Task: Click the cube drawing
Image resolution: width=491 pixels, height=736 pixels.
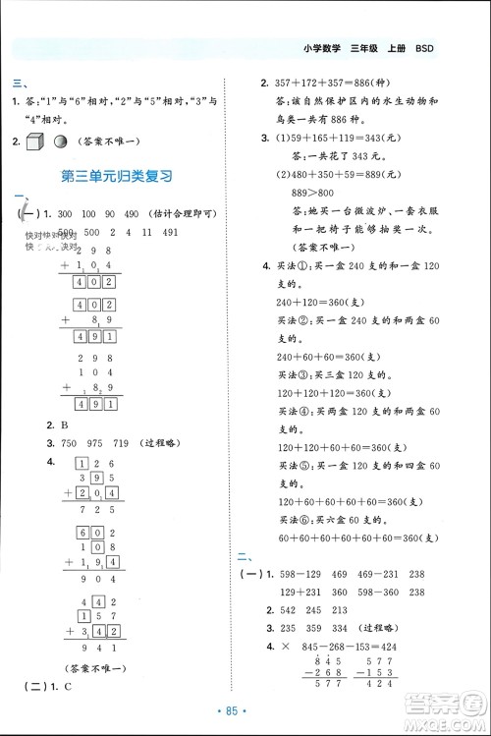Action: (36, 141)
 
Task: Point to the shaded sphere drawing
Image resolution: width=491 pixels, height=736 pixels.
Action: (61, 142)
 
